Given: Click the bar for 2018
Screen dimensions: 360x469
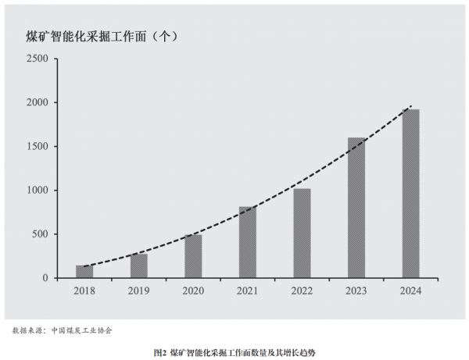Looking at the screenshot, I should [84, 272].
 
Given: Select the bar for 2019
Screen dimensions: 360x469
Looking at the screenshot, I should [139, 266].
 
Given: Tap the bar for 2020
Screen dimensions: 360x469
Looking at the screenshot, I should [193, 256].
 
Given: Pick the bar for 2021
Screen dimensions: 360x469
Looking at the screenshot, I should [248, 242].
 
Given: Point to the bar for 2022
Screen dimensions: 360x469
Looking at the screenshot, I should [302, 233].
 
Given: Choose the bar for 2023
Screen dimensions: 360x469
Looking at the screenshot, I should [356, 208].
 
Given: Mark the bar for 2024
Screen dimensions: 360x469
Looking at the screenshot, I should [410, 193].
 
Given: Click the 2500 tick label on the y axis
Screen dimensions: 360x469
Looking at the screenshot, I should [37, 59].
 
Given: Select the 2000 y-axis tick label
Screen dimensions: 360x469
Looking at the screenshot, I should [37, 102].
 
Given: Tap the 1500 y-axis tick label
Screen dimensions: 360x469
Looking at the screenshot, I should [37, 146].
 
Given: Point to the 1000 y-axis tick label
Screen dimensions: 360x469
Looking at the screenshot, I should [37, 190].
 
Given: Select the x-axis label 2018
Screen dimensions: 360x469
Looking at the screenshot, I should [84, 292].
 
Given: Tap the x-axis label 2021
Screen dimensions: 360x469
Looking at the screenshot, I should [248, 292].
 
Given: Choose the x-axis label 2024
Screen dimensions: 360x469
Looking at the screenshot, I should [410, 292].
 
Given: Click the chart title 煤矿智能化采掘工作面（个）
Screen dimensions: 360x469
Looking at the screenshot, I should [105, 36].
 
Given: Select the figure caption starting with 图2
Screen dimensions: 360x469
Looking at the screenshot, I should [234, 352].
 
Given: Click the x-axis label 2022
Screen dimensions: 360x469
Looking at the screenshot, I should [302, 292].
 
